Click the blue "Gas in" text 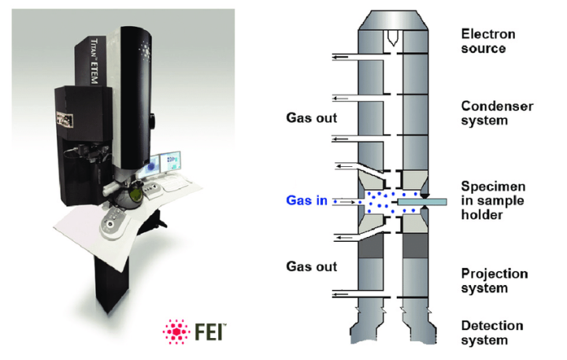point(306,202)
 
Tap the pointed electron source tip point(391,37)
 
